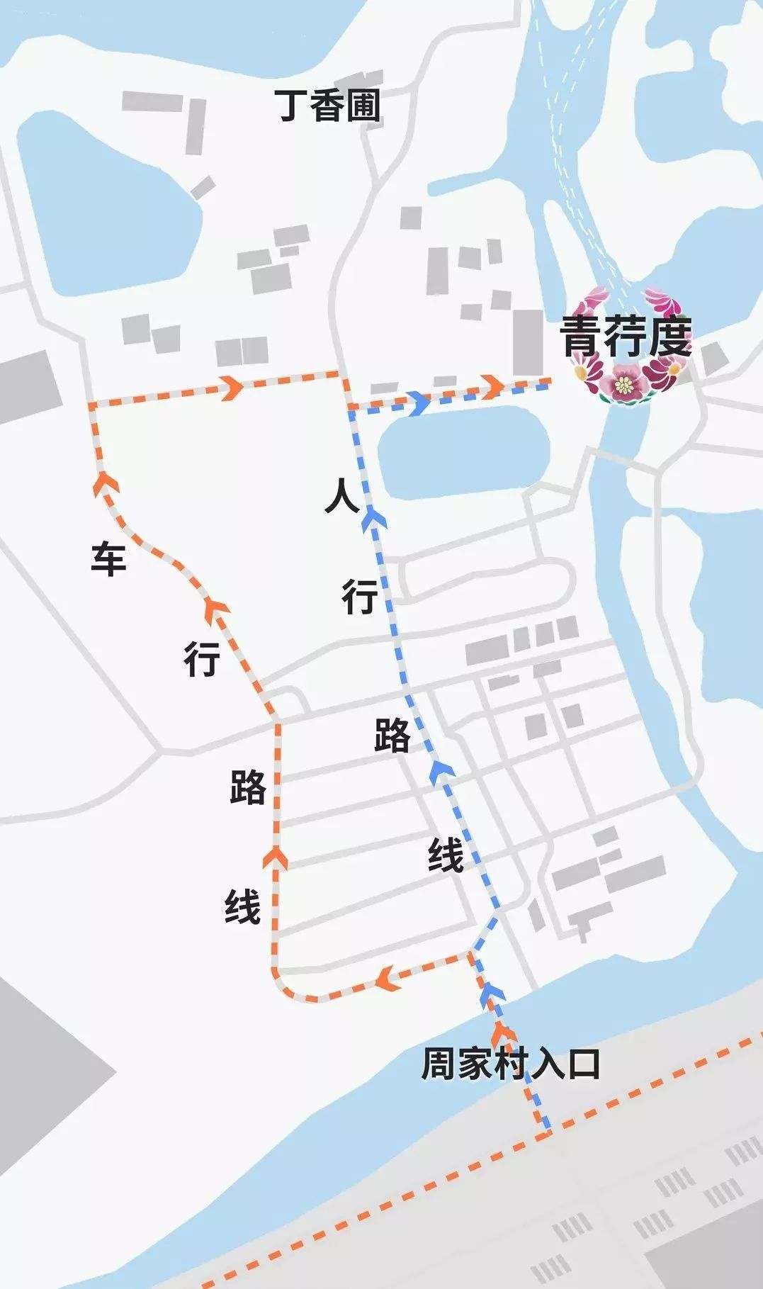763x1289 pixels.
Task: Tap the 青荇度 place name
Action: coord(626,336)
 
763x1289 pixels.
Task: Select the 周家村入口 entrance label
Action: coord(510,1064)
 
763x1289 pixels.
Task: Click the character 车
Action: coord(108,558)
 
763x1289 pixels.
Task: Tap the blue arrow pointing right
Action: coord(419,403)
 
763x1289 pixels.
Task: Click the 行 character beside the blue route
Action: coord(360,596)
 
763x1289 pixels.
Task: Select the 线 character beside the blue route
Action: coord(446,855)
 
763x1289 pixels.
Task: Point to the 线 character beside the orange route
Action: coord(243,907)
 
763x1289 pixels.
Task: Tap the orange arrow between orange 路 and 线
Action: coord(276,859)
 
